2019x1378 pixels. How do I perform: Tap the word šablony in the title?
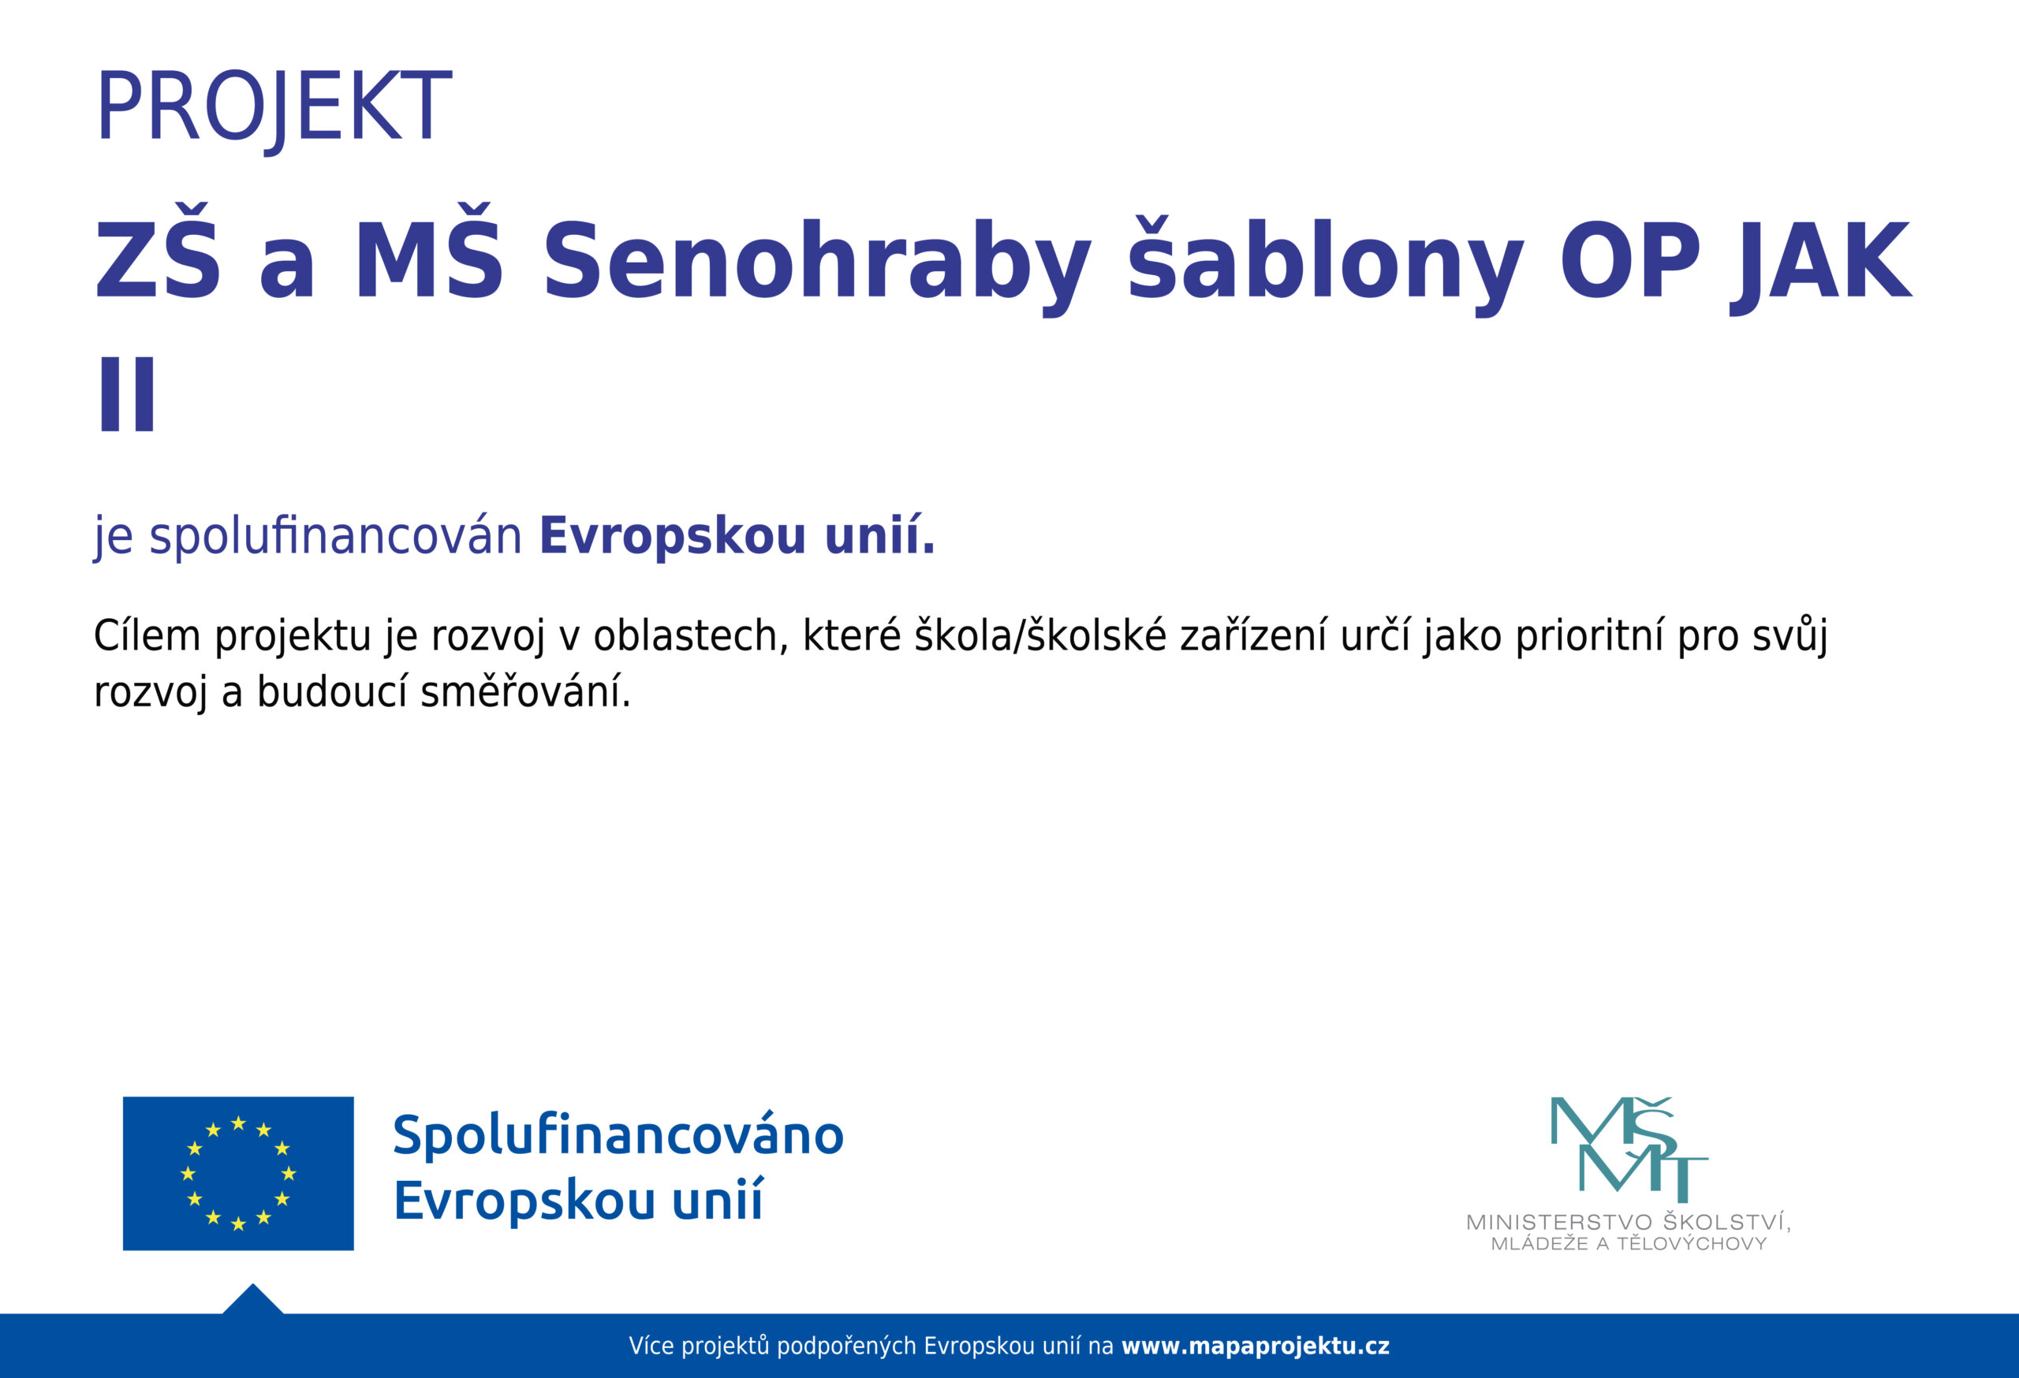(x=1325, y=263)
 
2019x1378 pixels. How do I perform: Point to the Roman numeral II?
(x=128, y=394)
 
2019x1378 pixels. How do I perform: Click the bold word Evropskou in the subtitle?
(x=674, y=536)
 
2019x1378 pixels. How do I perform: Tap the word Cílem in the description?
(x=147, y=635)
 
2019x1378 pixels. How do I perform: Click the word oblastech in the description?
(x=691, y=636)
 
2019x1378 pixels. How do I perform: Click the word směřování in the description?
(x=525, y=693)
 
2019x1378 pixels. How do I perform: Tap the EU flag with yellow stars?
(x=238, y=1173)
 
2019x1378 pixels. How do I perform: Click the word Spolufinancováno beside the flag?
(x=618, y=1136)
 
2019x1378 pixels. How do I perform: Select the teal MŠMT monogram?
(x=1629, y=1149)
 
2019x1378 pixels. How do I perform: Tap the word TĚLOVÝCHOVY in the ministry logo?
(x=1692, y=1243)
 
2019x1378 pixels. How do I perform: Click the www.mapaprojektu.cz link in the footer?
(x=1256, y=1346)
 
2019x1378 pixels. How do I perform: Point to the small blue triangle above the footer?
(x=253, y=1301)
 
